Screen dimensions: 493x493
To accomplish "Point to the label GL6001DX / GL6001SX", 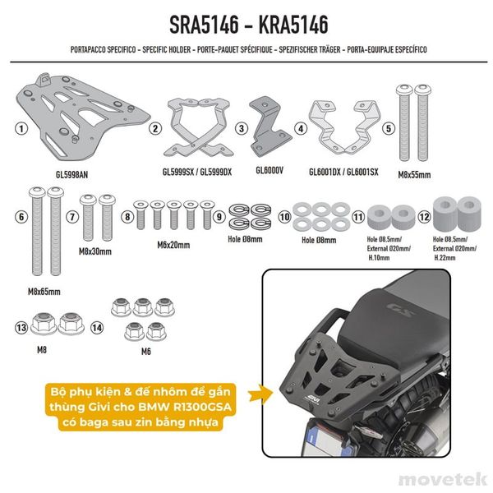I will [334, 172].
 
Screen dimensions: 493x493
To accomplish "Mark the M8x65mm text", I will [45, 290].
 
